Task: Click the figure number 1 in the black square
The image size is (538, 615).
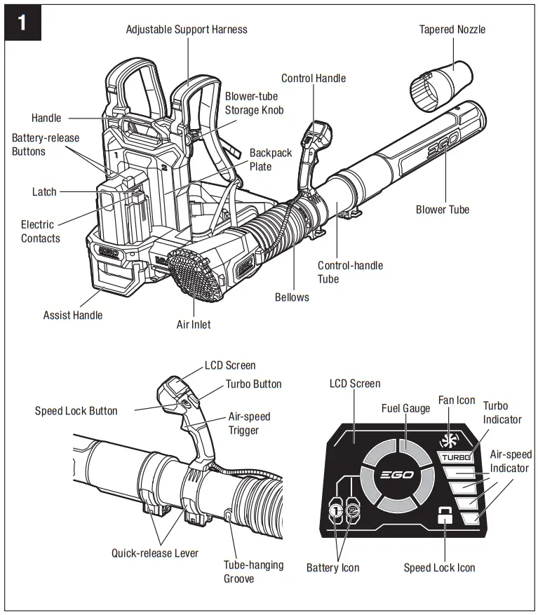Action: [x=22, y=23]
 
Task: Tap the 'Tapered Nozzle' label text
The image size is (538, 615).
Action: [x=452, y=29]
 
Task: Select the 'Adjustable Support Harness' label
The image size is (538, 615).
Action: [x=187, y=29]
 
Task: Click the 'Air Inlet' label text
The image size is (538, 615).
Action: [x=194, y=325]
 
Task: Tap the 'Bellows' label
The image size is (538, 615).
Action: [x=292, y=297]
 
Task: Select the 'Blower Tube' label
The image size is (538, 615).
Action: [x=443, y=210]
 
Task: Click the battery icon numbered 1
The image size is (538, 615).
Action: [x=336, y=511]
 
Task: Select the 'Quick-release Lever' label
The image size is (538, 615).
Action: [x=155, y=553]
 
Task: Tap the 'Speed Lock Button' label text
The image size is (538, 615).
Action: [x=76, y=411]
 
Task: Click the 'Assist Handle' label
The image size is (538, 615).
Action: [x=73, y=316]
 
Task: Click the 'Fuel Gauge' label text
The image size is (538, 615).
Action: [x=405, y=408]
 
